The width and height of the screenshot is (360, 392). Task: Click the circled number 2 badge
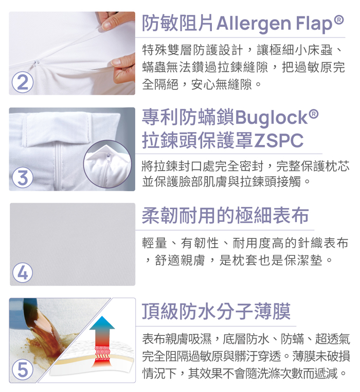tap(23, 82)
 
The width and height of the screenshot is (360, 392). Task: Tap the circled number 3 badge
tap(23, 178)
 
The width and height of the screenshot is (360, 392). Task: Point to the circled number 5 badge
tap(23, 369)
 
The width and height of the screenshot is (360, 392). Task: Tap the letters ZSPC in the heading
tap(278, 140)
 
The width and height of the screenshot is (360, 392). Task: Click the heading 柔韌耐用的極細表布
tap(225, 215)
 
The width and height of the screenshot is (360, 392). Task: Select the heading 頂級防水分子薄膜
tap(216, 311)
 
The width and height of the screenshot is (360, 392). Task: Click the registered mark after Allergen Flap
tap(339, 20)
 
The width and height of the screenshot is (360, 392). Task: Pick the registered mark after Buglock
tap(314, 114)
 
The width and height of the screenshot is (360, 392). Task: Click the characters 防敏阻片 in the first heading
tap(177, 23)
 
